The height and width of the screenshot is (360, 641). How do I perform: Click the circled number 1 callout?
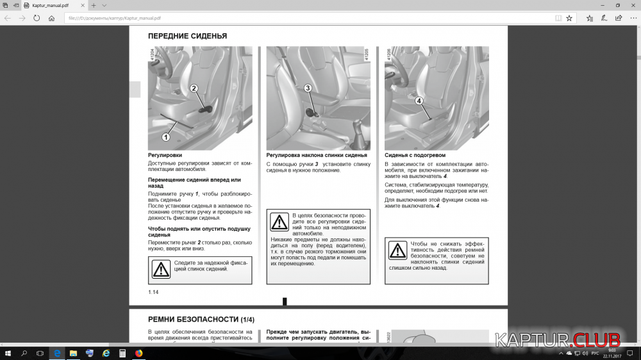(165, 136)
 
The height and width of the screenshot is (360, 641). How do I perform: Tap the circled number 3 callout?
(308, 88)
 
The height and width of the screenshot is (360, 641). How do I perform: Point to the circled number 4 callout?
(419, 101)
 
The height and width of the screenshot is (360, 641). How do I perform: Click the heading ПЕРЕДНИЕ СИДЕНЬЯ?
(187, 36)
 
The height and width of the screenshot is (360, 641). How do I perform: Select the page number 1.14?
(153, 292)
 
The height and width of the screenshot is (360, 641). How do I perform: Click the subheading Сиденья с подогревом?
(415, 155)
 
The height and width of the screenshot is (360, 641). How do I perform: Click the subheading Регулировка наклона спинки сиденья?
(317, 155)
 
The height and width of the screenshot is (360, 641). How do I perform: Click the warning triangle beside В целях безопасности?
(279, 222)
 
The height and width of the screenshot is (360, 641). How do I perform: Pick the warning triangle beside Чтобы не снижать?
(397, 250)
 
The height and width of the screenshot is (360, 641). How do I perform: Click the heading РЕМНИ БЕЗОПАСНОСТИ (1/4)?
(201, 319)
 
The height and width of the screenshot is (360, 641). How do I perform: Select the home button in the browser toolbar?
(52, 18)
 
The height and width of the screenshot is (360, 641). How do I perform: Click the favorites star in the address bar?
(569, 18)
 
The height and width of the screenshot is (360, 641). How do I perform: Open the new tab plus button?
(94, 5)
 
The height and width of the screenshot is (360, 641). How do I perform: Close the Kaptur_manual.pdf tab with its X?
(83, 5)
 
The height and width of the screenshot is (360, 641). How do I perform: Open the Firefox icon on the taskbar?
(138, 353)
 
